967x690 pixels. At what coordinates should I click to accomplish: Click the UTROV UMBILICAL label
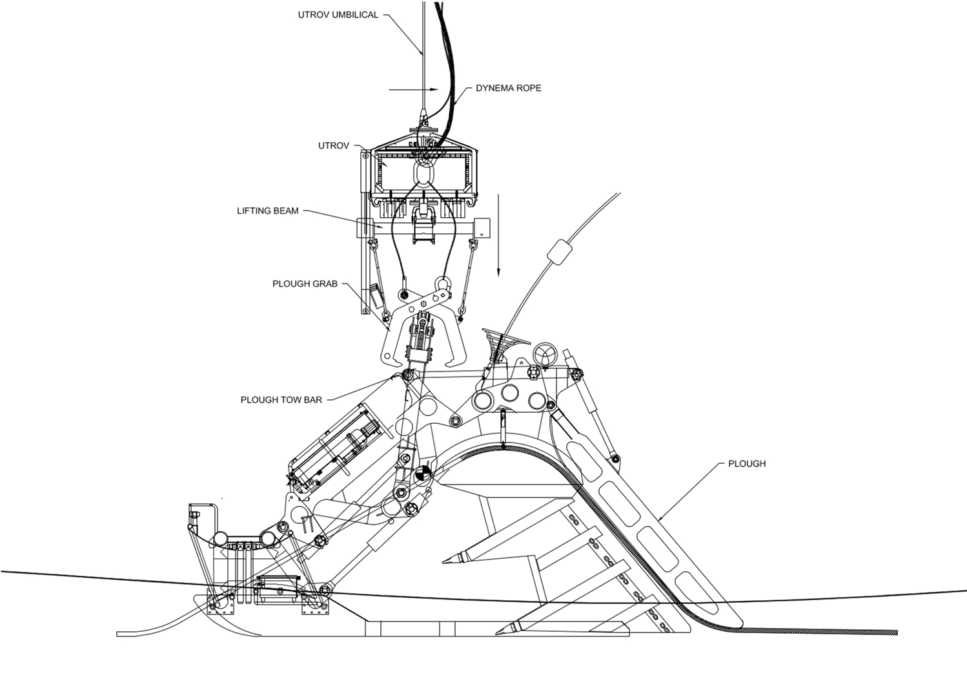pyautogui.click(x=338, y=14)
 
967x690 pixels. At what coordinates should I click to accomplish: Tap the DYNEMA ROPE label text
pyautogui.click(x=508, y=88)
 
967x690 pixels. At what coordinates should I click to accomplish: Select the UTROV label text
pyautogui.click(x=333, y=145)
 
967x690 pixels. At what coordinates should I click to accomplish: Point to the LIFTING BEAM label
pyautogui.click(x=267, y=211)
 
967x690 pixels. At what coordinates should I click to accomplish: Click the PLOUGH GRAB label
pyautogui.click(x=305, y=284)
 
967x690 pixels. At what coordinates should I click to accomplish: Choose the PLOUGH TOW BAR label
pyautogui.click(x=281, y=400)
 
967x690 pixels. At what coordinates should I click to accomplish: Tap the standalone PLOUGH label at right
pyautogui.click(x=747, y=463)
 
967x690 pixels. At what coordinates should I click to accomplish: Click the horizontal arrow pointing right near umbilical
pyautogui.click(x=434, y=90)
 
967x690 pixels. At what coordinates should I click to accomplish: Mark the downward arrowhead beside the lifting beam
pyautogui.click(x=498, y=271)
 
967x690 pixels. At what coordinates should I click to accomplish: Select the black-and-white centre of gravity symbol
pyautogui.click(x=423, y=473)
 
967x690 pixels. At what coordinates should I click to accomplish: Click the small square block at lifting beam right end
pyautogui.click(x=482, y=228)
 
